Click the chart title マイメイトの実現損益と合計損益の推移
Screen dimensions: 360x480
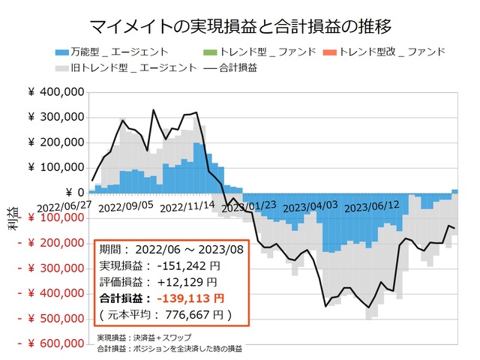coord(240,27)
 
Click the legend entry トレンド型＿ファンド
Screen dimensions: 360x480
coord(259,52)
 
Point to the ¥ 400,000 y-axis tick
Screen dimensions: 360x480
coord(55,92)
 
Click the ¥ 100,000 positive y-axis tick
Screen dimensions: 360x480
coord(55,167)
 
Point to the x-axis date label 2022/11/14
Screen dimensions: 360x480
coord(187,203)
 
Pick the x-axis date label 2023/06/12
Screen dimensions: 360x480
coord(373,203)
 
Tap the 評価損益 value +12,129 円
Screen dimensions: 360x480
coord(187,281)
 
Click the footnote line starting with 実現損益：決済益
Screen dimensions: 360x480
coord(144,337)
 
